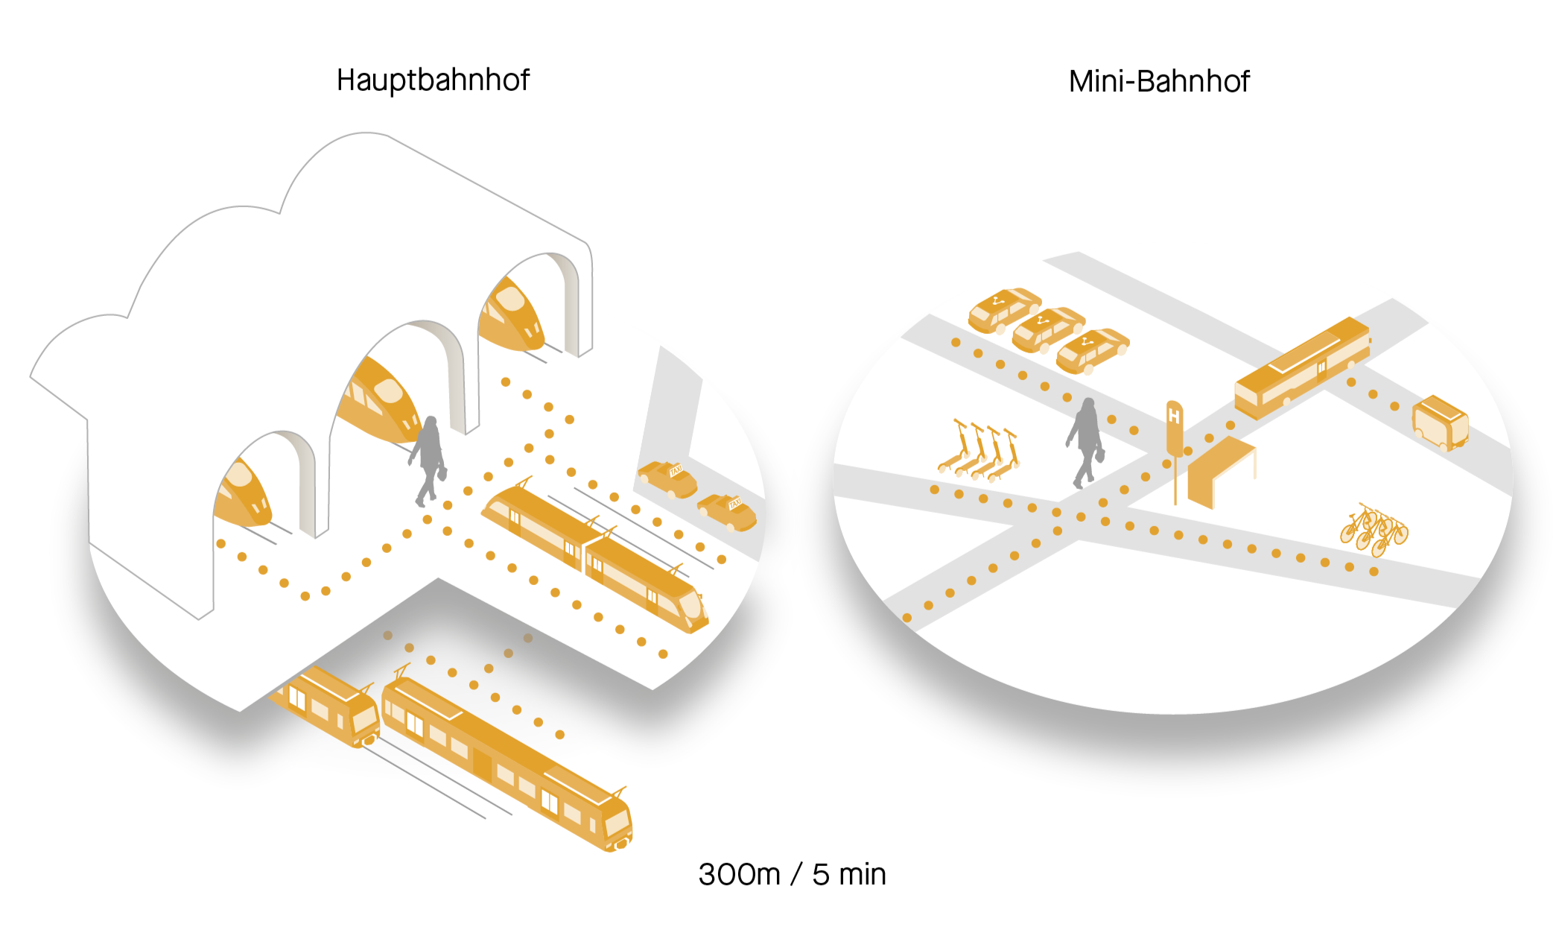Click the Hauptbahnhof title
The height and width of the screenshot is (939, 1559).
[x=433, y=80]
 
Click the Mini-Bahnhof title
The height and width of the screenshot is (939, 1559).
[x=1158, y=81]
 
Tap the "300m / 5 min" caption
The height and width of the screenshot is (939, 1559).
[x=792, y=874]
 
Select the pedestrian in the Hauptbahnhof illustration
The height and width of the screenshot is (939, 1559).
[x=428, y=458]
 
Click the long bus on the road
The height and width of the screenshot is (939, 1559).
[x=1301, y=367]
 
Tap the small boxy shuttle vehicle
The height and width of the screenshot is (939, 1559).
[x=1440, y=423]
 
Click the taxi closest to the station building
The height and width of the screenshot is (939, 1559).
[x=667, y=479]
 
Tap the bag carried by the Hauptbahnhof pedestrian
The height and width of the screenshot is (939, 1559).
[x=442, y=472]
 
